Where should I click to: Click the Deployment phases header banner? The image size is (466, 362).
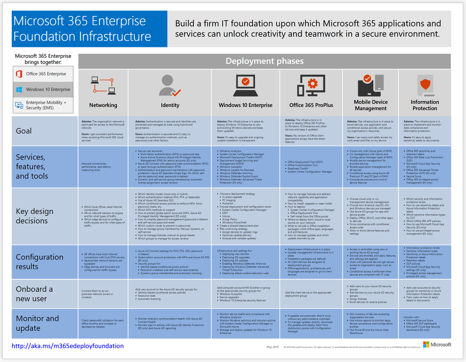click(264, 61)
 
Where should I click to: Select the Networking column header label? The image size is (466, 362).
click(103, 105)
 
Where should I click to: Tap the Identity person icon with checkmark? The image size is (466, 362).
click(170, 86)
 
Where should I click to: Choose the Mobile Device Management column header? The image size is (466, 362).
click(370, 105)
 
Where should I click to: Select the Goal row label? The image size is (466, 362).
click(24, 131)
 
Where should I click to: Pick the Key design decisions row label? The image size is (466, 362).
click(35, 216)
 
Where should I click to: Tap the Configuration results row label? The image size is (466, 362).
click(39, 262)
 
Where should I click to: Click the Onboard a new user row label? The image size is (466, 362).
click(34, 294)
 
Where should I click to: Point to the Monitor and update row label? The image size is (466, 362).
click(37, 323)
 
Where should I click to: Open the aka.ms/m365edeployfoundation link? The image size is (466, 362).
click(68, 346)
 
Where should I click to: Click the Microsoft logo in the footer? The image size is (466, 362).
click(437, 345)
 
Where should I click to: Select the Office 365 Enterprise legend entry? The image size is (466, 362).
click(43, 74)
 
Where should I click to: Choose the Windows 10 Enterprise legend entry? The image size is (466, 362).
click(43, 89)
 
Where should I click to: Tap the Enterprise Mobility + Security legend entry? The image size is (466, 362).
click(43, 105)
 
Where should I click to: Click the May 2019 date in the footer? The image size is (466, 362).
click(273, 346)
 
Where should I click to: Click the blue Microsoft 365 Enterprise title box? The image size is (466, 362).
click(90, 29)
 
